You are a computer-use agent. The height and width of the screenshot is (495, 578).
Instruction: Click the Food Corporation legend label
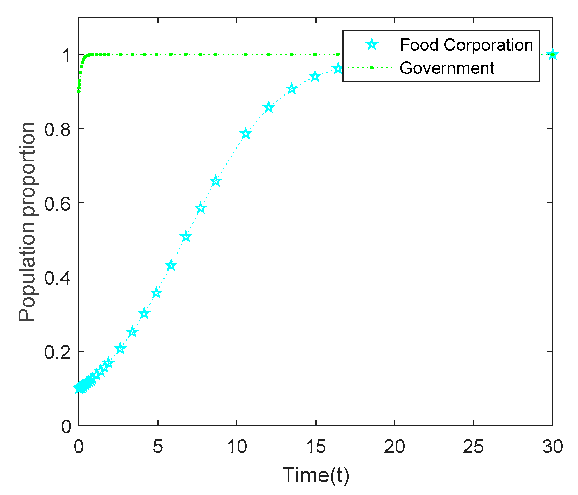click(466, 45)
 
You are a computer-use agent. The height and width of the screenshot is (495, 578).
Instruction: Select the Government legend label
click(447, 68)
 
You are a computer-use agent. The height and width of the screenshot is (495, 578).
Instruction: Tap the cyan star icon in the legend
click(372, 44)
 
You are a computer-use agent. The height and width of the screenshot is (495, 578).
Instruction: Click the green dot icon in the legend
click(372, 68)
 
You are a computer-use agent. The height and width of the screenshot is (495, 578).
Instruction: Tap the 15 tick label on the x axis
click(316, 447)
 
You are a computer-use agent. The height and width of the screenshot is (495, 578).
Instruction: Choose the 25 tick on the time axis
click(473, 447)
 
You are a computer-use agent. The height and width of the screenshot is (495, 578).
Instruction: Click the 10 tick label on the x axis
click(237, 447)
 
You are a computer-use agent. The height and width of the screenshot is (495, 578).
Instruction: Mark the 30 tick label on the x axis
click(552, 447)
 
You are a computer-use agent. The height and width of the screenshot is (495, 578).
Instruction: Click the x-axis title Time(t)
click(316, 475)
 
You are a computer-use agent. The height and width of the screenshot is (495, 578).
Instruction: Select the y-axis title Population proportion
click(27, 221)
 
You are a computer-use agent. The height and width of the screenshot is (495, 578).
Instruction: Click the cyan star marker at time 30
click(553, 55)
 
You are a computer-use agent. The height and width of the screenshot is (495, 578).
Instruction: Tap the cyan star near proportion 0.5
click(186, 237)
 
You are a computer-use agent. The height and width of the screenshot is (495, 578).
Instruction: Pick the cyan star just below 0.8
click(245, 134)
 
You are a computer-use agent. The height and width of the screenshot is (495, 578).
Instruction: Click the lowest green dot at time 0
click(79, 91)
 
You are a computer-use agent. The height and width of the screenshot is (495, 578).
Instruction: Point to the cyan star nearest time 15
click(315, 77)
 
